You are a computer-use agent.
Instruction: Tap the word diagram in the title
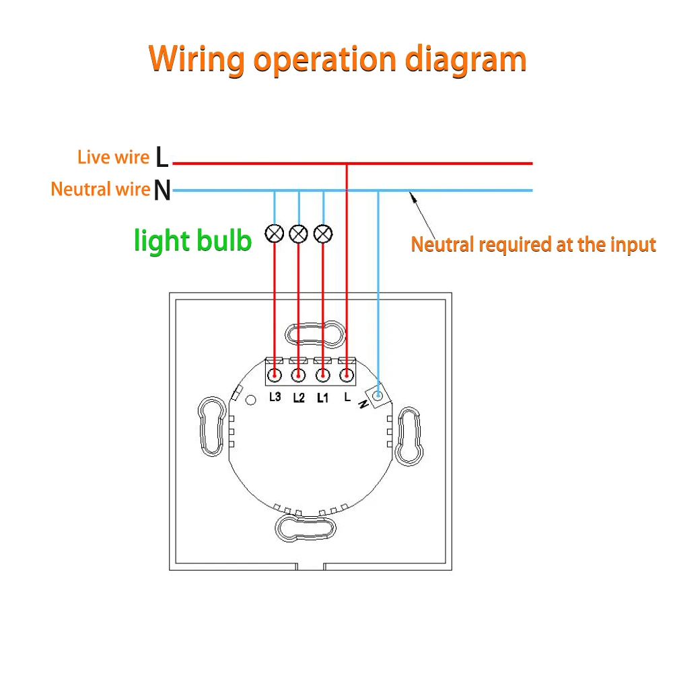(466, 59)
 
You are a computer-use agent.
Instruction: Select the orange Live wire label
(113, 157)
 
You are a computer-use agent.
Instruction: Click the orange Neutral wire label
(100, 189)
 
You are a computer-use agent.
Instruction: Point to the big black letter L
(162, 157)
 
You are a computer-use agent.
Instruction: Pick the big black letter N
(162, 190)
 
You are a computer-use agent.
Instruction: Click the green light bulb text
(193, 240)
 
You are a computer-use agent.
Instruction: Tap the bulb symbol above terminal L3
(275, 234)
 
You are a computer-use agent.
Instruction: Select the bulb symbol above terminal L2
(299, 234)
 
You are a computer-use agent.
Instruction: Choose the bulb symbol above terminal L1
(324, 234)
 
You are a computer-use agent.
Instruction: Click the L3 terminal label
(275, 397)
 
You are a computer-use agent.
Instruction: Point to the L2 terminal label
(299, 398)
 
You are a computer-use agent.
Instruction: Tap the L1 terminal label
(322, 398)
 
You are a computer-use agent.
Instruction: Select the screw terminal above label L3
(275, 374)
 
